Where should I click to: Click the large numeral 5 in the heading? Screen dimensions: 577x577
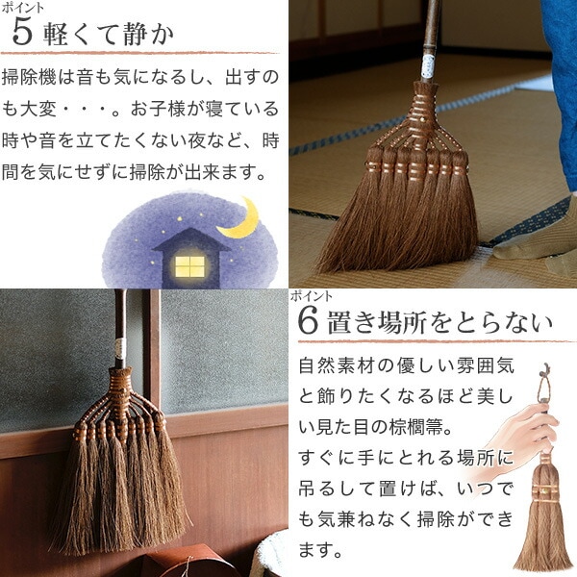tap(22, 33)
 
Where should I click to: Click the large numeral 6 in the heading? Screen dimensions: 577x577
tap(308, 321)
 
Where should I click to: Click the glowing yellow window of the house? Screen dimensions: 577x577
tap(189, 266)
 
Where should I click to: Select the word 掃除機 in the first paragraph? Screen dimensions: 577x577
tap(29, 78)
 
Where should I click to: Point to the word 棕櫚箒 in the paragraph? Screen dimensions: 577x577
tap(416, 427)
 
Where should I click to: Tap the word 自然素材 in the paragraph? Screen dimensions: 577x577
tap(336, 365)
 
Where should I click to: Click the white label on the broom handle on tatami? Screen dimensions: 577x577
tap(428, 66)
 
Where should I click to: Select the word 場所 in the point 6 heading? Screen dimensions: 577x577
tap(401, 322)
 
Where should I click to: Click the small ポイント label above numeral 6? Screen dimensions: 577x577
tap(311, 296)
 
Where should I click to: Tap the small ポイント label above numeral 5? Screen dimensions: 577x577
tap(22, 8)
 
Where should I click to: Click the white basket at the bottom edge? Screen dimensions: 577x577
tap(271, 556)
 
